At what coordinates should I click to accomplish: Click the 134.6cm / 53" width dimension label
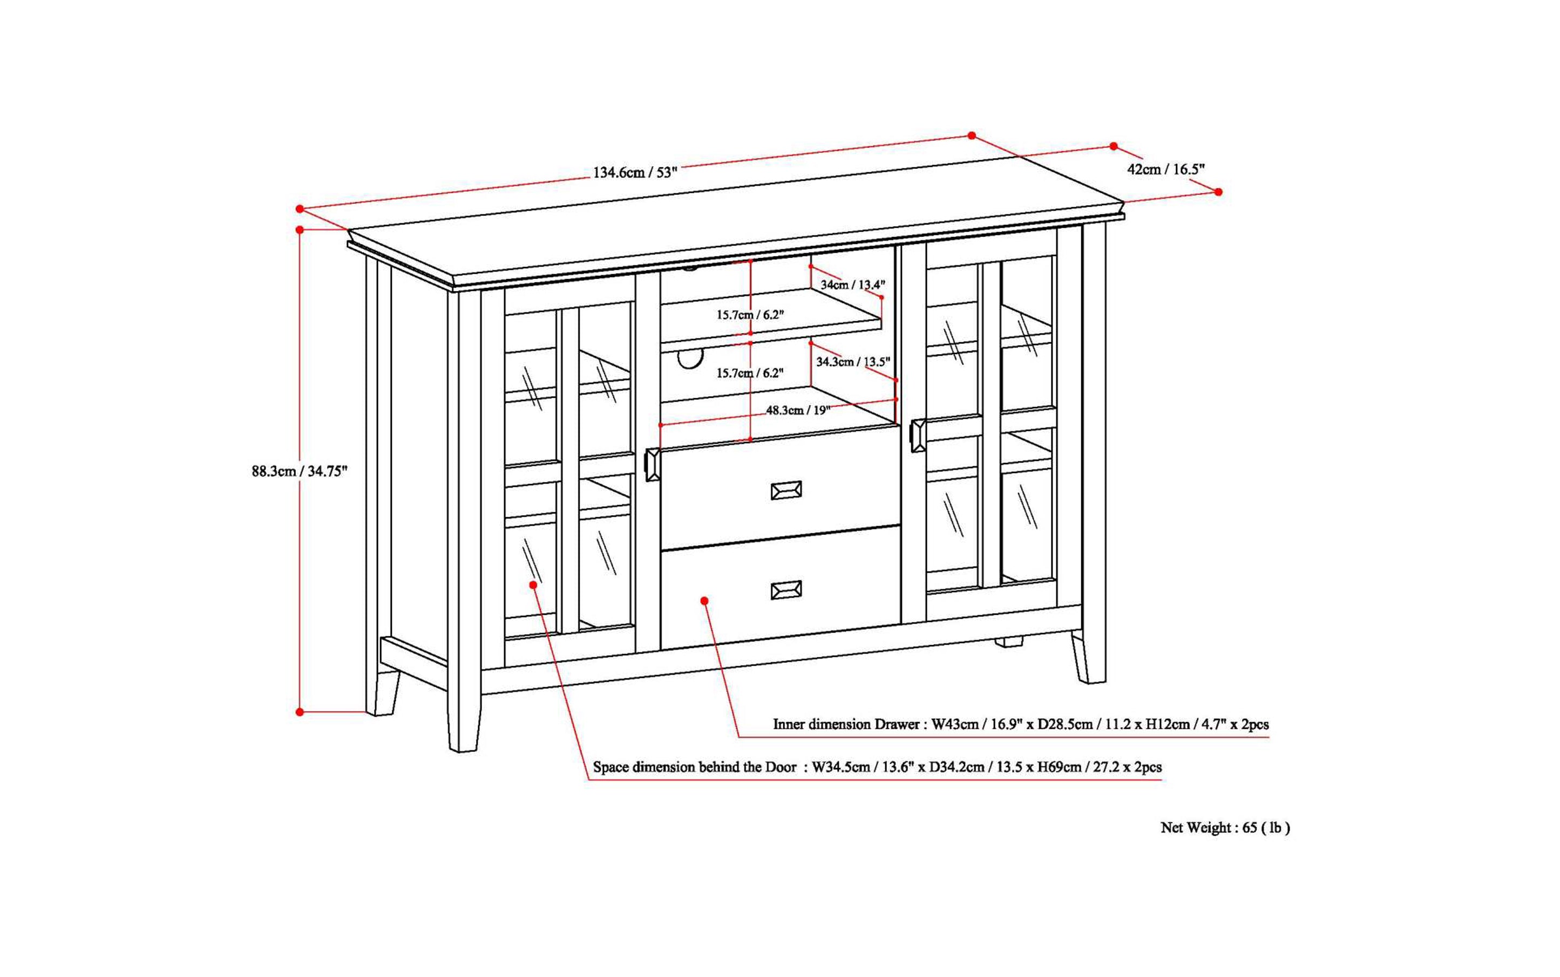pos(635,173)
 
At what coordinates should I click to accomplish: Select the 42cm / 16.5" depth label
pos(1166,170)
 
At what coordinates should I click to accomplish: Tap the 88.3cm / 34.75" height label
pos(299,472)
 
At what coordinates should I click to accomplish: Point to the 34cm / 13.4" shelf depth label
pos(852,284)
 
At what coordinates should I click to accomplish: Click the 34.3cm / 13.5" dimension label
pos(852,362)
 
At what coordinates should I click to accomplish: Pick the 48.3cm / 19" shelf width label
pos(797,410)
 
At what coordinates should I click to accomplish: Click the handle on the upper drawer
pos(786,491)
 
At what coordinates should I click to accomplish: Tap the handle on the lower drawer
pos(786,590)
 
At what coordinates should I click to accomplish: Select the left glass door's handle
pos(652,465)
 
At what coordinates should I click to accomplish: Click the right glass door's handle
pos(918,436)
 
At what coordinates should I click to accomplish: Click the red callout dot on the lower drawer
pos(704,601)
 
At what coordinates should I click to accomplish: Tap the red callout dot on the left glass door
pos(533,585)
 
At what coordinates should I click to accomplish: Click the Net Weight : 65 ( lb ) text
pos(1225,827)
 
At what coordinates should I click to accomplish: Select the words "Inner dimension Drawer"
pos(846,724)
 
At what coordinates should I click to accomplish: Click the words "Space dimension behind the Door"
pos(695,768)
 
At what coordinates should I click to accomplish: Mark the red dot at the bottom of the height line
pos(300,712)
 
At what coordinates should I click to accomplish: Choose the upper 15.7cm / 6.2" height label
pos(750,315)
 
